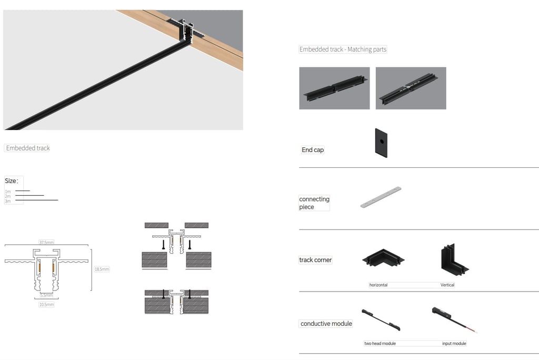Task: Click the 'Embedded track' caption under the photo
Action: (27, 148)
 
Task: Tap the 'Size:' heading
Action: (12, 181)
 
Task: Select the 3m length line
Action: (36, 200)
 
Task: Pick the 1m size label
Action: (7, 192)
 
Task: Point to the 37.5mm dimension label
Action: (46, 243)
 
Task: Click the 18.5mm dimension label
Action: (102, 269)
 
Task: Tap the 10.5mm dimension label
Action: (46, 305)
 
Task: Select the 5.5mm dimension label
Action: (46, 295)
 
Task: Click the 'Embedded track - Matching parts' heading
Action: (343, 49)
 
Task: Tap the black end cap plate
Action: (381, 143)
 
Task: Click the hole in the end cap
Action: (382, 141)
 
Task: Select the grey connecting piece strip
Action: (381, 197)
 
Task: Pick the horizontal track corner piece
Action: (383, 258)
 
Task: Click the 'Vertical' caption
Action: (447, 285)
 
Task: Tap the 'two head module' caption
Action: (380, 344)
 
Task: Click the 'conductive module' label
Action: (326, 324)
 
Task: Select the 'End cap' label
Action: (313, 150)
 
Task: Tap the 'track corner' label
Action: (315, 260)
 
